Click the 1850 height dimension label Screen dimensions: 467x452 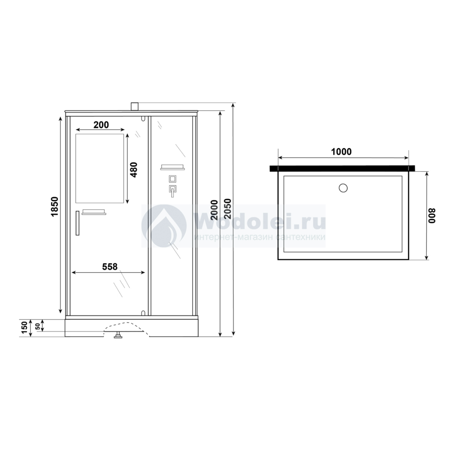pos(54,206)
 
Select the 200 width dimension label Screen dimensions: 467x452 pos(101,125)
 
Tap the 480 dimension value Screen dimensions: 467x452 pos(134,170)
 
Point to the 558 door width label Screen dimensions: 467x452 pos(110,267)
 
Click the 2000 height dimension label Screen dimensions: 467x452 pos(214,210)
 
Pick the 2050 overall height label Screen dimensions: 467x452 pos(227,208)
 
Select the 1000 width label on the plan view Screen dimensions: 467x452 pos(341,152)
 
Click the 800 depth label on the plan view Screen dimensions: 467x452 pos(432,216)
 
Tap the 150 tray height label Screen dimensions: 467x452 pos(25,328)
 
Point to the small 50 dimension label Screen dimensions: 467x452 pos(38,326)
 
